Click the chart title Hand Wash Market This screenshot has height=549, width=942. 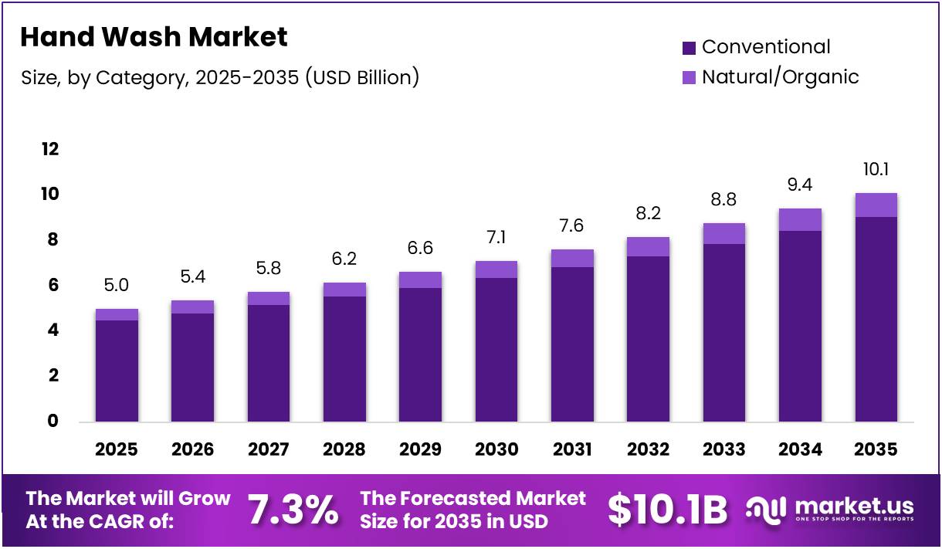154,37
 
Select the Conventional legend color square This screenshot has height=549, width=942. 690,48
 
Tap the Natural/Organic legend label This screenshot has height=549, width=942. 780,77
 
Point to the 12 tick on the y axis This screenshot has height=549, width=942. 50,149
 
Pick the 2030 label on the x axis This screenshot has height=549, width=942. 496,449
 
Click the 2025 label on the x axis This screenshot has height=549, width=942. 117,449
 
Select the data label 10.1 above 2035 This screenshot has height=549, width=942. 876,170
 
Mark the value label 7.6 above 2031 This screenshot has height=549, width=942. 572,226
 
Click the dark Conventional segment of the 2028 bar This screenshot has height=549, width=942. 344,359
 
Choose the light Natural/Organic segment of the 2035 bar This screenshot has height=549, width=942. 876,205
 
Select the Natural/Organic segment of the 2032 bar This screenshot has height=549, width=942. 648,246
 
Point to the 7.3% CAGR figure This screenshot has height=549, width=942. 293,510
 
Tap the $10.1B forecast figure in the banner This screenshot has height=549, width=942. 667,510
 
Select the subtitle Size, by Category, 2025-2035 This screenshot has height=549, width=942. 219,78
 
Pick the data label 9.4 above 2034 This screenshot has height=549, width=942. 799,185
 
